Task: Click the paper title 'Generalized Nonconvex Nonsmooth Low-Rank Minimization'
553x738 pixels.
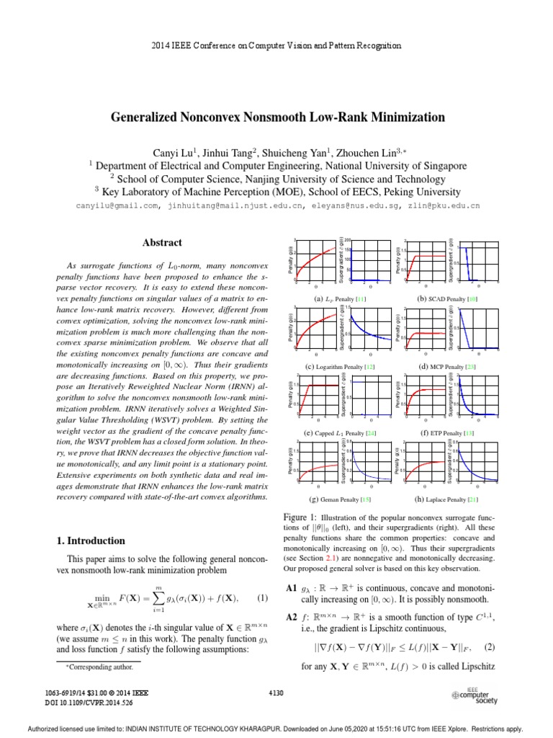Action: (x=276, y=116)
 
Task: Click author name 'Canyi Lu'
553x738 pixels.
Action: (x=172, y=152)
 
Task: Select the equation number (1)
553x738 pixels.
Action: (x=262, y=599)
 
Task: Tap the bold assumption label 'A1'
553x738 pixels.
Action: (x=292, y=588)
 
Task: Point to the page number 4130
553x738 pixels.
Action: (x=277, y=693)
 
